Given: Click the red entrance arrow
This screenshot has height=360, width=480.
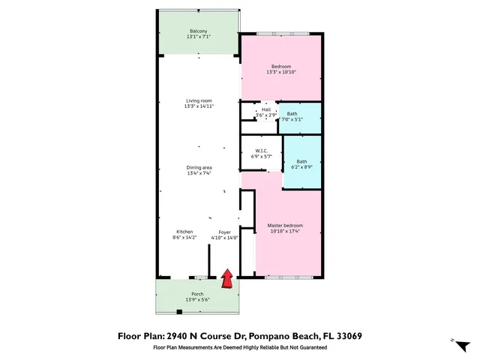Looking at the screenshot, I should pyautogui.click(x=225, y=279).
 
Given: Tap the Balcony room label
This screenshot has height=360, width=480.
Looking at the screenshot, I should pyautogui.click(x=198, y=31).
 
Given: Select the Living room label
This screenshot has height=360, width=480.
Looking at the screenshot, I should pyautogui.click(x=198, y=101).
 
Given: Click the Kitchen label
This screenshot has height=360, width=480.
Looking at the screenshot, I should pyautogui.click(x=184, y=232).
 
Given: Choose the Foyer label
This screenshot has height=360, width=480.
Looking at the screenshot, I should pyautogui.click(x=225, y=232).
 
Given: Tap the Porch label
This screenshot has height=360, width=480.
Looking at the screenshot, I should pyautogui.click(x=197, y=293).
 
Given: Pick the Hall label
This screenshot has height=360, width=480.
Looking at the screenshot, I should pyautogui.click(x=265, y=109).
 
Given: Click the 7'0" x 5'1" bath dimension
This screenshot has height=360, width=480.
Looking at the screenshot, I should pyautogui.click(x=292, y=119).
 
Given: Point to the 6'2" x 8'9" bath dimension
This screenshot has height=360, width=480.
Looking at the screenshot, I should pyautogui.click(x=301, y=166).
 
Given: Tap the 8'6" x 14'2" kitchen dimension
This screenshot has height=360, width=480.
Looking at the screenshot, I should pyautogui.click(x=184, y=238).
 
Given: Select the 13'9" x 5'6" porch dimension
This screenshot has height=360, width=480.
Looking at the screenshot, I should pyautogui.click(x=197, y=299).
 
